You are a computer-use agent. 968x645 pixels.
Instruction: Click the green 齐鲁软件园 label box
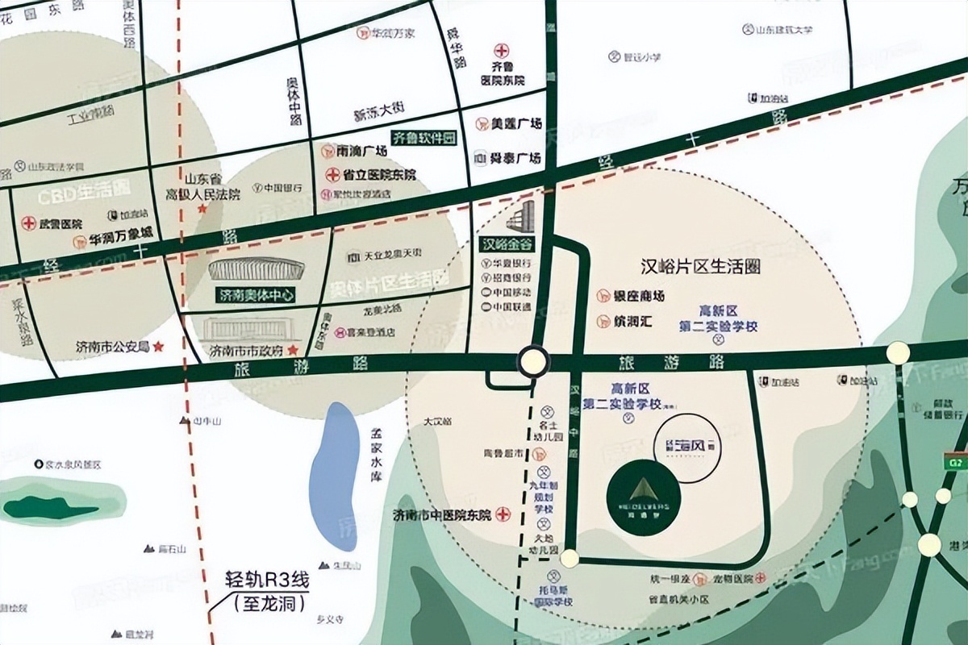[423, 137]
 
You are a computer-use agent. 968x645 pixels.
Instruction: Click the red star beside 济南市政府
[294, 351]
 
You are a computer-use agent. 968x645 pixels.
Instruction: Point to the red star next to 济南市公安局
[158, 347]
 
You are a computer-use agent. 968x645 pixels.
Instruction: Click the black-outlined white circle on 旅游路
[532, 361]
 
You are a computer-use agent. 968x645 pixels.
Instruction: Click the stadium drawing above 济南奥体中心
[244, 269]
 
